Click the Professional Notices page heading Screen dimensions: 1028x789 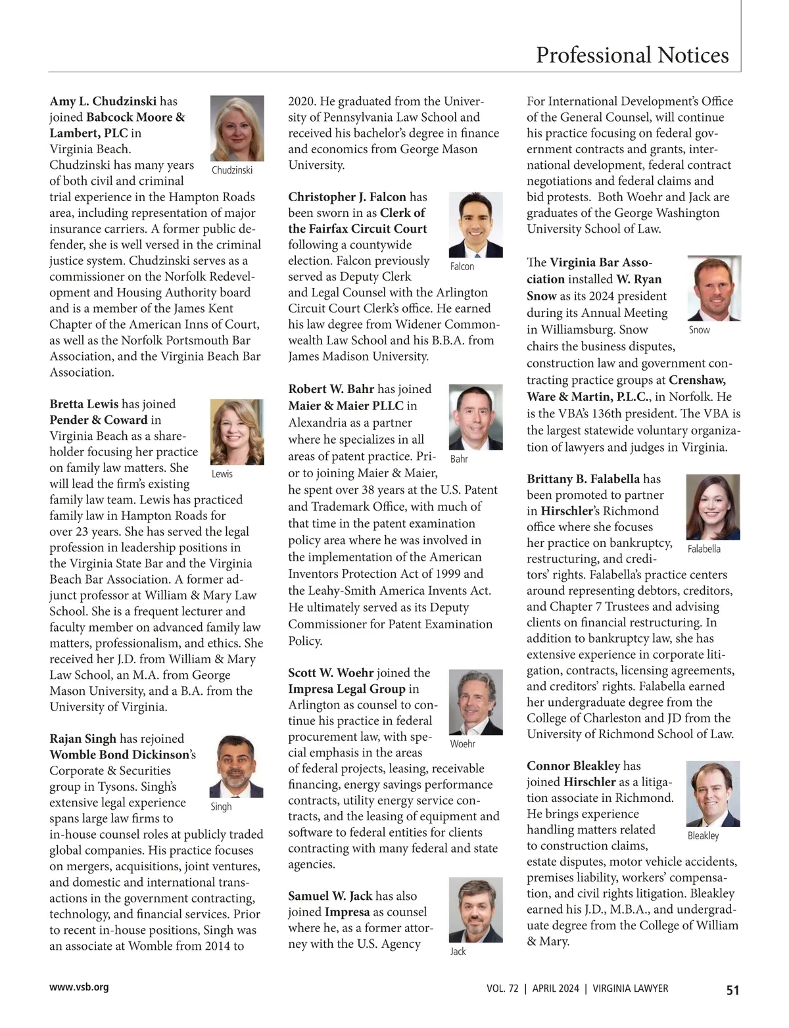(632, 55)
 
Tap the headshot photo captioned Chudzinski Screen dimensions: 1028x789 (237, 129)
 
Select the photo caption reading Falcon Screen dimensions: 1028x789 (462, 266)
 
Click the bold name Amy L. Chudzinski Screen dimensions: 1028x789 (103, 101)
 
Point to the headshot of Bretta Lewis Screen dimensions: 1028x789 (237, 432)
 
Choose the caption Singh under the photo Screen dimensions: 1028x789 (221, 806)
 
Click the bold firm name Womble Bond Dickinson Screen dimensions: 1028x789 (119, 755)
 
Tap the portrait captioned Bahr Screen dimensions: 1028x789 (475, 417)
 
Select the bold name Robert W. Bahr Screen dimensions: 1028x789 (331, 389)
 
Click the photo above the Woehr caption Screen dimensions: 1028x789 (475, 702)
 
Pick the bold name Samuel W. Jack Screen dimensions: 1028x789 (330, 896)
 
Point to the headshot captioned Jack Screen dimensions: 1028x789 (475, 910)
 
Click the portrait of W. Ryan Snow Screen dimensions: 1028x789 (714, 288)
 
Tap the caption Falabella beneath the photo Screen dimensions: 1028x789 (704, 549)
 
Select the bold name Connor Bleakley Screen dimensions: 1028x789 (573, 766)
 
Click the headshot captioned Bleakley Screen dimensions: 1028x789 (713, 793)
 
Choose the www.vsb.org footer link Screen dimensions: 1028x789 (79, 987)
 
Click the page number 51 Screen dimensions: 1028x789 (732, 990)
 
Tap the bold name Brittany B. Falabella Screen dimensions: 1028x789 (583, 479)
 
